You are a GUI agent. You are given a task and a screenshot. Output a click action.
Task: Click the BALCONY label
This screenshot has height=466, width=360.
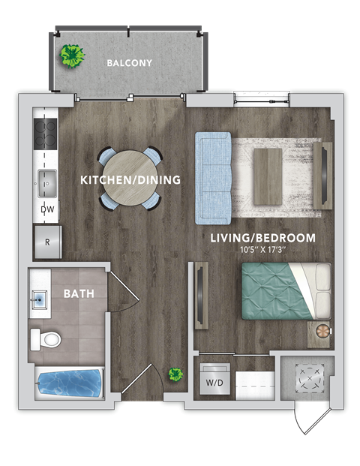(x=129, y=63)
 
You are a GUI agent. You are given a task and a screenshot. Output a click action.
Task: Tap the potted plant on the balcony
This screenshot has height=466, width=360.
(x=72, y=56)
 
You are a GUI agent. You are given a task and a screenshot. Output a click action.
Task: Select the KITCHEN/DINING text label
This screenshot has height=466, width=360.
(x=130, y=180)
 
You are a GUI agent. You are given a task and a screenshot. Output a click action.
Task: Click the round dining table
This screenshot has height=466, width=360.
(x=129, y=179)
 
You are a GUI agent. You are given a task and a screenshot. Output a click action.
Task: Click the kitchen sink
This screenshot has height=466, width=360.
(x=46, y=181)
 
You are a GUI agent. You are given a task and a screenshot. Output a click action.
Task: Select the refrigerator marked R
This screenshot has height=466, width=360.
(x=47, y=242)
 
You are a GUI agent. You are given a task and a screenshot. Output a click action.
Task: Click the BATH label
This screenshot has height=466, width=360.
(x=79, y=293)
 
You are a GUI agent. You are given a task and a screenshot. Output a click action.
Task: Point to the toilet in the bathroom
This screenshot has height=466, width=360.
(x=46, y=339)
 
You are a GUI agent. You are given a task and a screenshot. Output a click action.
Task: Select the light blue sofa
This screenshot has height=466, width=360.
(x=212, y=178)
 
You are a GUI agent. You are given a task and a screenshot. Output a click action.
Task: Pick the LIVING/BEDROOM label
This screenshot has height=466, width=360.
(x=262, y=238)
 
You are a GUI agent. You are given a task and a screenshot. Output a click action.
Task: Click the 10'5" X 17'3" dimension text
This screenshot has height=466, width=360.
(x=262, y=250)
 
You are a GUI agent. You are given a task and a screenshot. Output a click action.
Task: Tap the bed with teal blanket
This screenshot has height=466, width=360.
(x=285, y=289)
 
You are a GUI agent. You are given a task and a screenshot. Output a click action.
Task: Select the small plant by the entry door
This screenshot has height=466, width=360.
(x=176, y=374)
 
